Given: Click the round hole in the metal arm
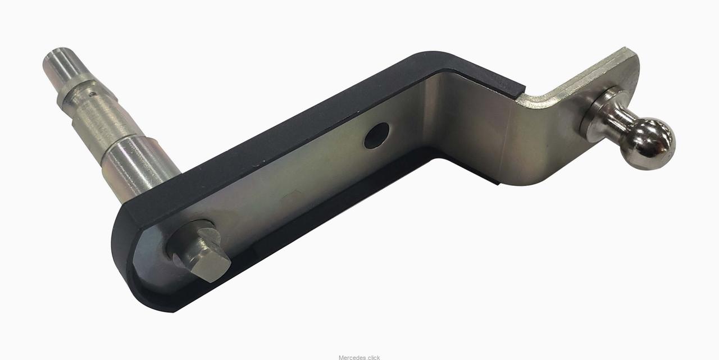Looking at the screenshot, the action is (376, 136).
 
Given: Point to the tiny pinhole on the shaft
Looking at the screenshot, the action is (93, 94).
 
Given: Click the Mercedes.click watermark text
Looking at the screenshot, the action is (359, 357).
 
